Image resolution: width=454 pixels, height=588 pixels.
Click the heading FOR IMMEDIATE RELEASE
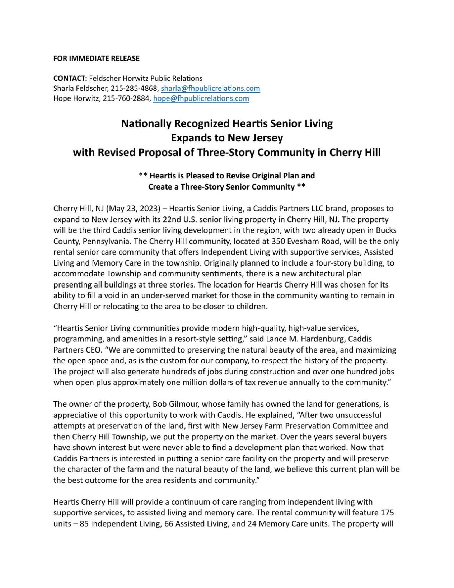(96, 58)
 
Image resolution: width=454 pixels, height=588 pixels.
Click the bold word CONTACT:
(70, 78)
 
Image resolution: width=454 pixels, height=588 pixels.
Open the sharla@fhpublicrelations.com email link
(210, 88)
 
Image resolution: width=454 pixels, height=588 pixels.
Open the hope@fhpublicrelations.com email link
(201, 98)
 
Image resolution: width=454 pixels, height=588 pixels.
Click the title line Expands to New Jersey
(227, 138)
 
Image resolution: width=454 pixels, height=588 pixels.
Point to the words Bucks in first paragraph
(387, 230)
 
